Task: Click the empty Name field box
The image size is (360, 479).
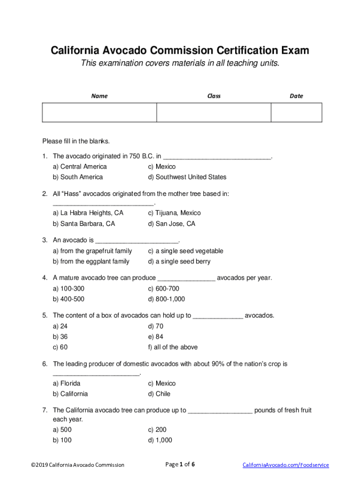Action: point(99,113)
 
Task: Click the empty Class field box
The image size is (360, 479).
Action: point(214,113)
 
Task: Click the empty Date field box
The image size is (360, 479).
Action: point(296,113)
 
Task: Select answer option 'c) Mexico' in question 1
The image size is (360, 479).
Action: point(162,167)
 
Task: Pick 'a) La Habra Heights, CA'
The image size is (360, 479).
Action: point(88,213)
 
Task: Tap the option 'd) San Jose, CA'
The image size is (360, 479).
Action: point(172,224)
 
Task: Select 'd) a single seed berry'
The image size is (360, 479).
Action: point(179,261)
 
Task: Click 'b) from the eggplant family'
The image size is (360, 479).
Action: point(91,261)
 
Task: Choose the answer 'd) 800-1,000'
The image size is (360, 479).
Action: point(166,299)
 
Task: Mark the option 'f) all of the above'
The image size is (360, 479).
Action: point(173,347)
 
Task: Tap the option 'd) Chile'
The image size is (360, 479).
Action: point(159,394)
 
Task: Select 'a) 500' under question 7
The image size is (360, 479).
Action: point(62,429)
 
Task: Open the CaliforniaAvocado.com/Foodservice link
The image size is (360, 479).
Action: point(285,465)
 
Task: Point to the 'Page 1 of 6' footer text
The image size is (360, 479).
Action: point(180,464)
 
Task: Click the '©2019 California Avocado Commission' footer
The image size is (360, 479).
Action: point(78,465)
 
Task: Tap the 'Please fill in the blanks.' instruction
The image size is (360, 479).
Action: point(76,141)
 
